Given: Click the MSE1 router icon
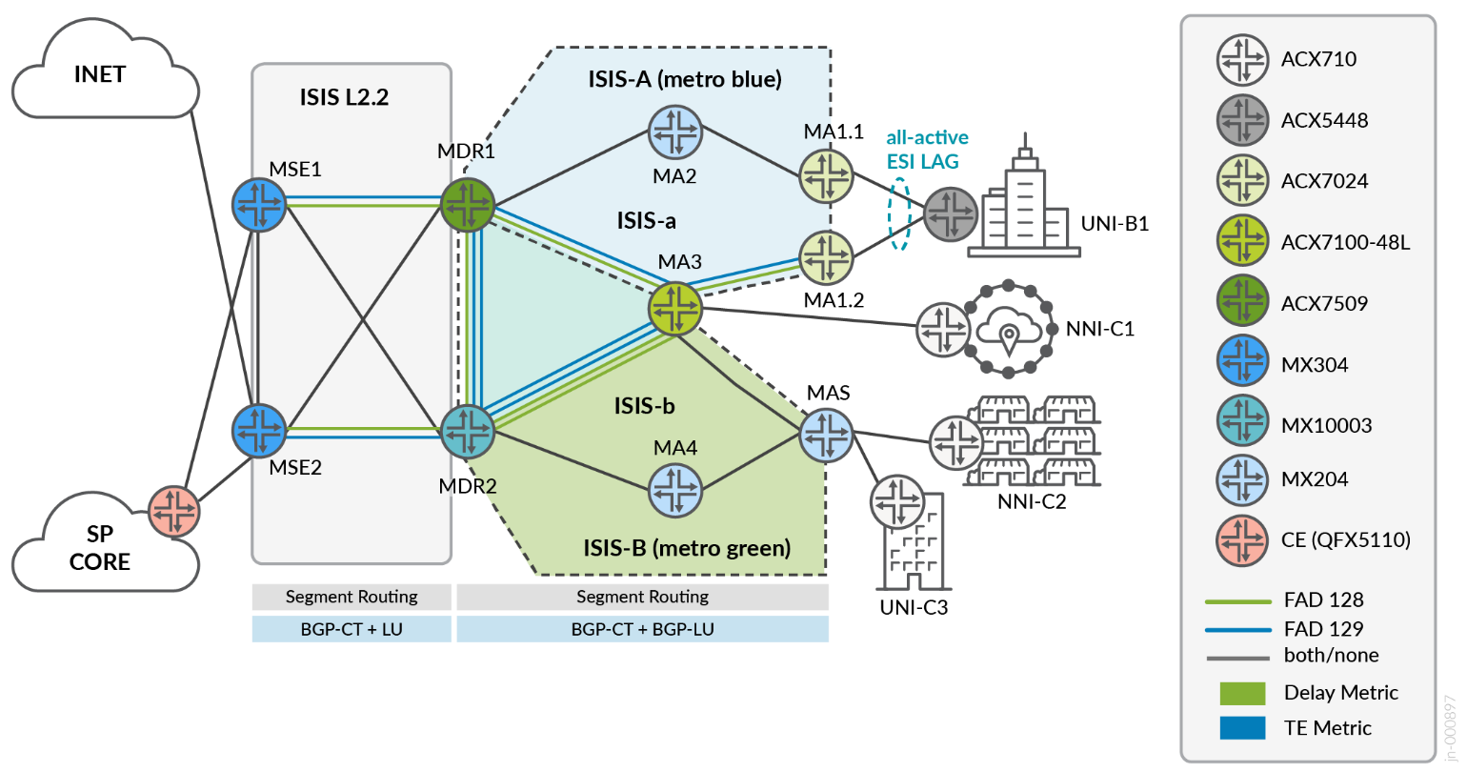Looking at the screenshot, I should click(x=259, y=204).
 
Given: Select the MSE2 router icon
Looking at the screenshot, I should click(x=259, y=430).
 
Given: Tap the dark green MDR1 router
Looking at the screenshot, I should click(x=468, y=204).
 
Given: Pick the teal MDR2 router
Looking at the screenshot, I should click(x=468, y=431).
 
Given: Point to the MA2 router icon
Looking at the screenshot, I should click(x=675, y=132).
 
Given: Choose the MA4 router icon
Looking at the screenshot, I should click(x=675, y=490).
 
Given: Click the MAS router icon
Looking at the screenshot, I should click(x=826, y=436).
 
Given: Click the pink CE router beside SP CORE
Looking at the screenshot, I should click(x=174, y=512).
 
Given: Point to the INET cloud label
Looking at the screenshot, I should click(x=99, y=74).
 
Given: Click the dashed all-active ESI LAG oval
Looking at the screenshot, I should click(x=898, y=214).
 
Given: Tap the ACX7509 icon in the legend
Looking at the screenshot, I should click(x=1243, y=303).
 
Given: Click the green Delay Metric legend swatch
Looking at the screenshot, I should click(x=1242, y=693).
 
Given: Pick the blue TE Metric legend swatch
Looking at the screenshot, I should click(x=1242, y=728).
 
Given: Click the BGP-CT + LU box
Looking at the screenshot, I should click(x=352, y=629).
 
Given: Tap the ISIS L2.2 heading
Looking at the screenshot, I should click(x=344, y=97).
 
